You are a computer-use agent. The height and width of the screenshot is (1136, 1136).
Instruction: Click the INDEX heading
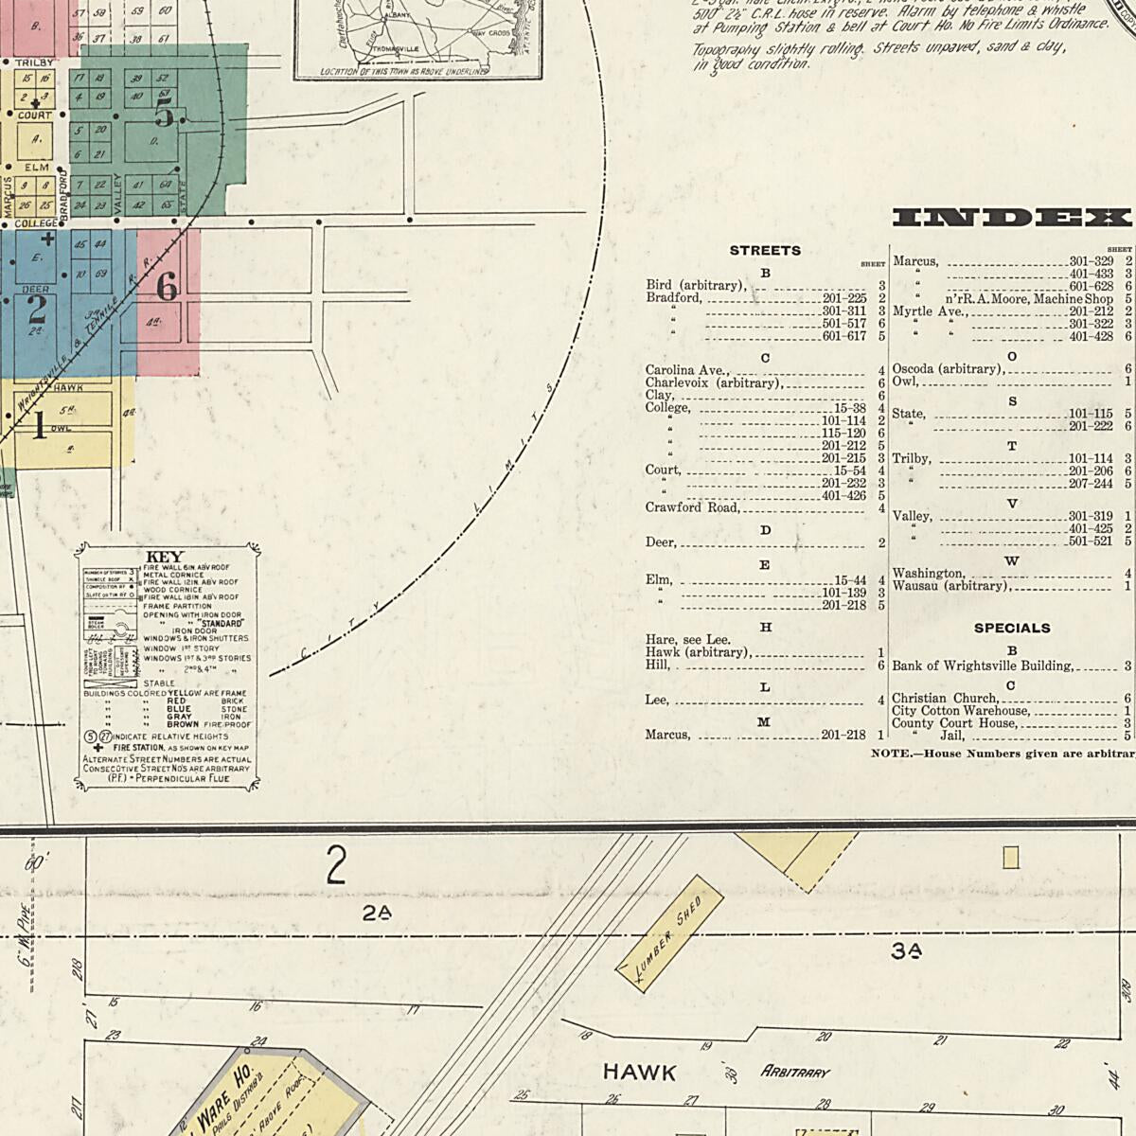point(1012,218)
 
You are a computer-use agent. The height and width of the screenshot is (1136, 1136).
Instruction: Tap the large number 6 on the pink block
point(167,285)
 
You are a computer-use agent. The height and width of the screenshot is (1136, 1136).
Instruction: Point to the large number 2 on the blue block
point(37,309)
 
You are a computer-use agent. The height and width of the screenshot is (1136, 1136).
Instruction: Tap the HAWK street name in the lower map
point(640,1073)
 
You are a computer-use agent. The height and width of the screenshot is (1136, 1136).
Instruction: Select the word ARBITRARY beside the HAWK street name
point(795,1073)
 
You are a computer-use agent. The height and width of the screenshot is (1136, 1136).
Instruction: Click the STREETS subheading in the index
point(765,251)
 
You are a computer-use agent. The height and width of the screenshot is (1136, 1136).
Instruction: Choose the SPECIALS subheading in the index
point(1012,628)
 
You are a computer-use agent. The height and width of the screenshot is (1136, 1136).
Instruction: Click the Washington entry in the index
point(928,573)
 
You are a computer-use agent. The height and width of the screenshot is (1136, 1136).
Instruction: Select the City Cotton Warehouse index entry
point(960,711)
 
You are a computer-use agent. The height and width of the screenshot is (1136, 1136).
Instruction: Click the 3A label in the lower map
point(906,951)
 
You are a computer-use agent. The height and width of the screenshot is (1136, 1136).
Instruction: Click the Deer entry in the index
point(661,542)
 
